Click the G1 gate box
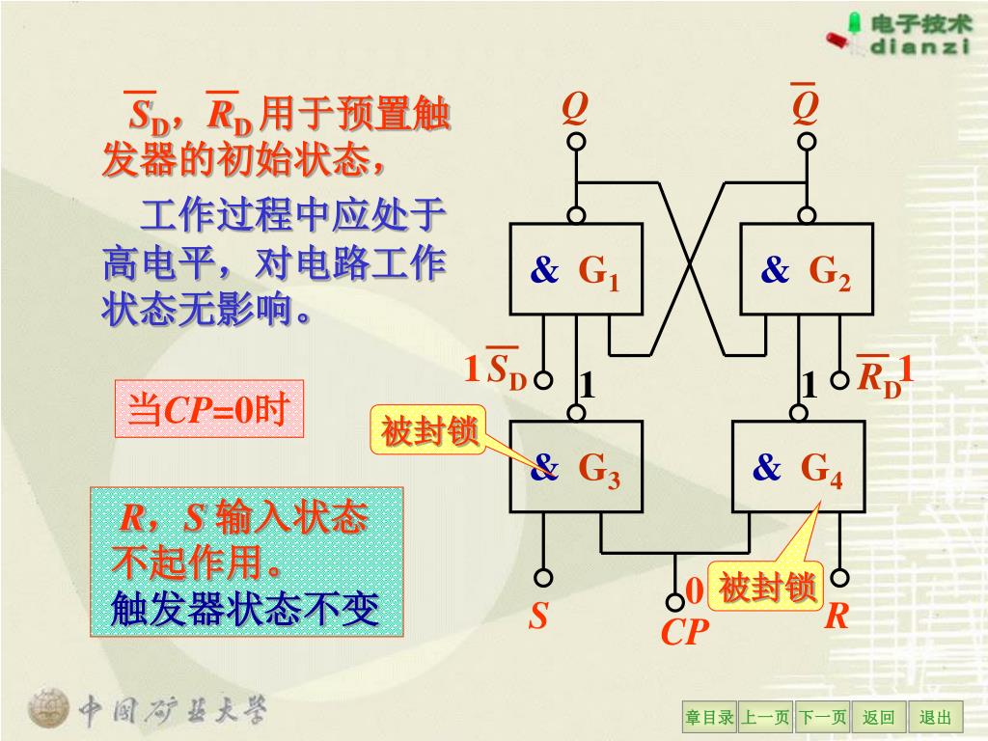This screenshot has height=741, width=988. [576, 269]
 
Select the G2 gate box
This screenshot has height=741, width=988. [807, 269]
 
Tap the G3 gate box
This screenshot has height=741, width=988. [576, 467]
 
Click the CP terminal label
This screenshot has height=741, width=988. [685, 633]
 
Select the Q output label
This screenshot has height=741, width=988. [575, 109]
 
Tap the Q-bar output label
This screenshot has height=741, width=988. [806, 107]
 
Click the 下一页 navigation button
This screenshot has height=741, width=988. [823, 717]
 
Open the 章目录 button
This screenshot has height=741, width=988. [710, 717]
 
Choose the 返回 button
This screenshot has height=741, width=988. [878, 717]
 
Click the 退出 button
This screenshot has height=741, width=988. [935, 717]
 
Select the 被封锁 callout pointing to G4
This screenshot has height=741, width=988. [768, 587]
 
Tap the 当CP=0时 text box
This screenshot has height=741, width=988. [208, 410]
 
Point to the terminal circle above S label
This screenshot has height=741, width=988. [544, 578]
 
